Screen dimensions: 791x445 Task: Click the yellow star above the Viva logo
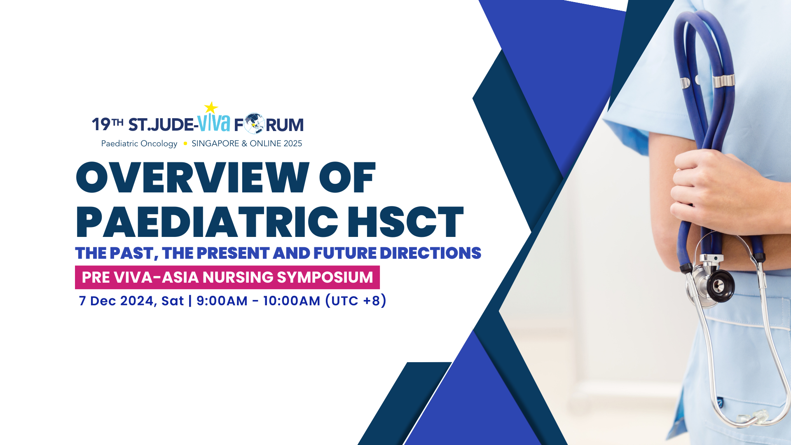pos(211,108)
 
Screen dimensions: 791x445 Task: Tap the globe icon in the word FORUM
pos(254,124)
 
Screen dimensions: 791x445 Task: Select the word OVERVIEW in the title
pos(193,178)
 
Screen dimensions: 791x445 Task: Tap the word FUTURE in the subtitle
pos(345,253)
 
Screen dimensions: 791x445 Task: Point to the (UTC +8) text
pos(356,301)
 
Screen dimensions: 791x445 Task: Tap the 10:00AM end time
pos(291,301)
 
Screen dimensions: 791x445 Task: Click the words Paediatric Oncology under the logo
pos(139,143)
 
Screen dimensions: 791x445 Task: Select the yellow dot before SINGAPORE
pos(185,143)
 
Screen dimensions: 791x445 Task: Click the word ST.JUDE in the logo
pos(161,125)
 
